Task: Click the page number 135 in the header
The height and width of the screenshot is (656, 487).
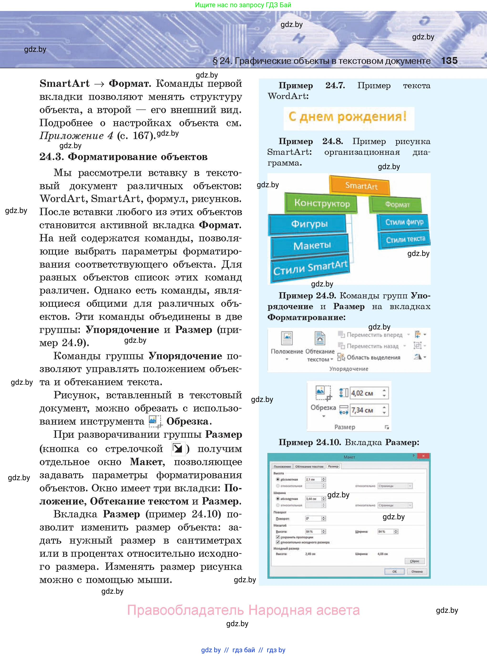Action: click(x=449, y=61)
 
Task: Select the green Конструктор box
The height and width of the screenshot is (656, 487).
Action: click(x=322, y=203)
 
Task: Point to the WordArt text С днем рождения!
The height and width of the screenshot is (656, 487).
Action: click(x=348, y=117)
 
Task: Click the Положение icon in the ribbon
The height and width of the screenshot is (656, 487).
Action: click(x=287, y=338)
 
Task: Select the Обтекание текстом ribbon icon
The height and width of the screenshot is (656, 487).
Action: click(x=320, y=338)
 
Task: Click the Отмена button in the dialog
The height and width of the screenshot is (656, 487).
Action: click(x=417, y=572)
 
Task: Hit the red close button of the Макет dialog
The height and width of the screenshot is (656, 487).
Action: click(x=423, y=456)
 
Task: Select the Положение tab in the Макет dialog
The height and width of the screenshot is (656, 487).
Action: click(x=282, y=467)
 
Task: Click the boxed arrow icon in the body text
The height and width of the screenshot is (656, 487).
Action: click(x=178, y=449)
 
